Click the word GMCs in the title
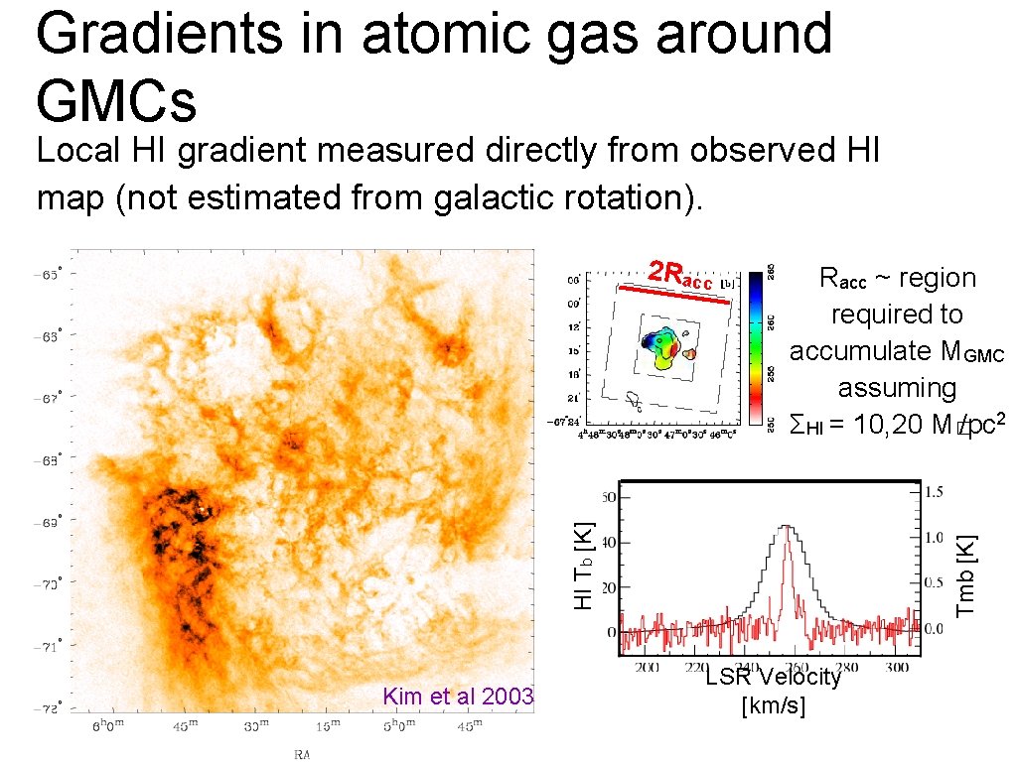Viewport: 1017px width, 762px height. (116, 99)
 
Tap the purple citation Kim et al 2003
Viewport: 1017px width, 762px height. (458, 696)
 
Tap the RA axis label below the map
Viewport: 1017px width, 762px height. (301, 753)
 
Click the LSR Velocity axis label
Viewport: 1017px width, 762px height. (773, 678)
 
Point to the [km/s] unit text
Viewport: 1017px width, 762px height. (773, 705)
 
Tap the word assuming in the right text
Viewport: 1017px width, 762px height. (896, 387)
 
